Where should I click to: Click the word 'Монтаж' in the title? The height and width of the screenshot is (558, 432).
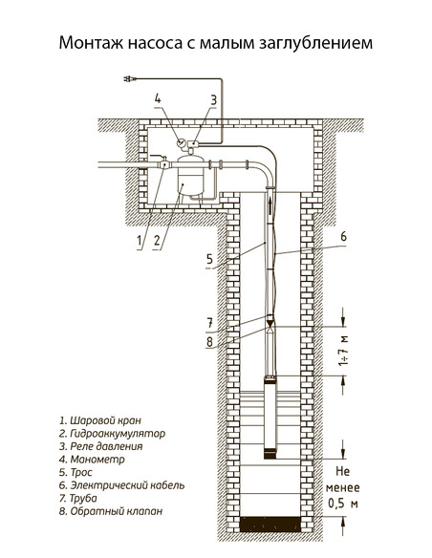(x=90, y=44)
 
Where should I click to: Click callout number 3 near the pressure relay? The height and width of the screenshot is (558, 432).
(x=214, y=99)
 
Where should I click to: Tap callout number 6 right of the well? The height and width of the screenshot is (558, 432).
(x=343, y=235)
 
